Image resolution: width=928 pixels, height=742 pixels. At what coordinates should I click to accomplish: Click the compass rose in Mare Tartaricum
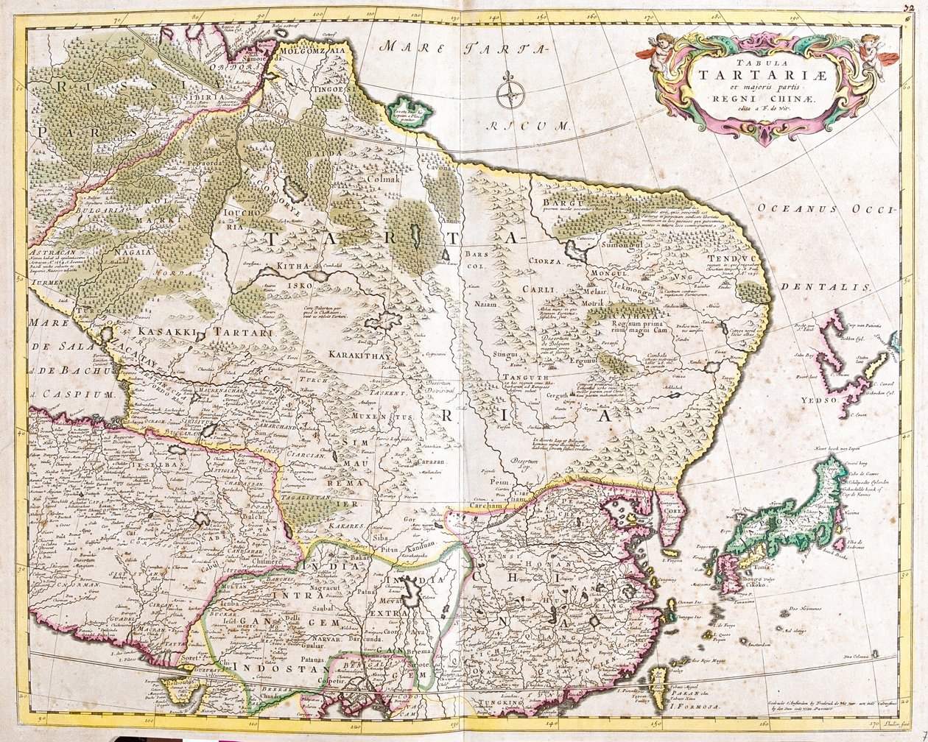pyautogui.click(x=509, y=93)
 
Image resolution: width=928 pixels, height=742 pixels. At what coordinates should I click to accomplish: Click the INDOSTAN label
pyautogui.click(x=289, y=670)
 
